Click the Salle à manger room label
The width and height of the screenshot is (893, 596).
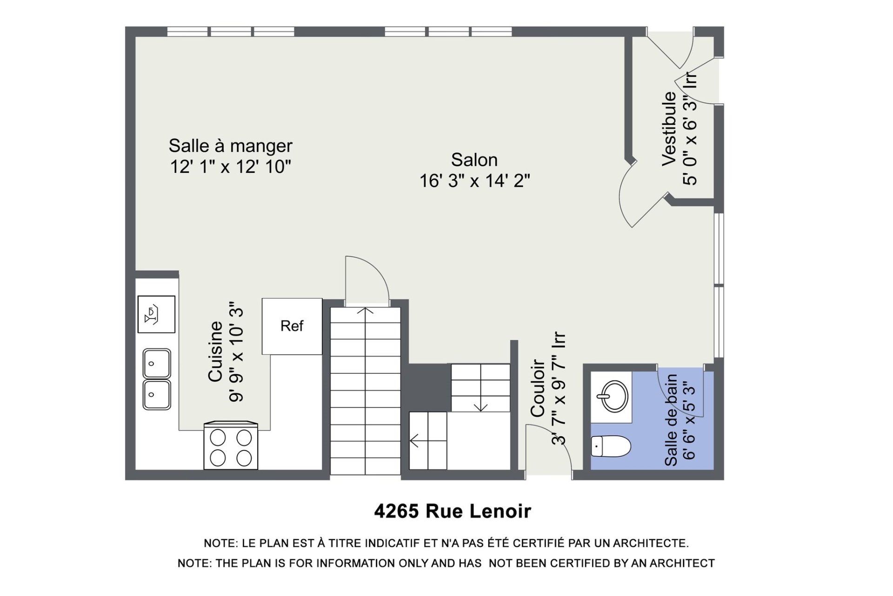pos(230,146)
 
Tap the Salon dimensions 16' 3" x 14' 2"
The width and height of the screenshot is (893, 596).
pos(475,181)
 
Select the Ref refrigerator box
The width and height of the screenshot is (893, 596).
pos(292,326)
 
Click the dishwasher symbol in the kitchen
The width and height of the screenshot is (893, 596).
pos(156,314)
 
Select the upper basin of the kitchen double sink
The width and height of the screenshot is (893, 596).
pos(157,363)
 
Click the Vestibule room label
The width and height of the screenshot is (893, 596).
pos(669,129)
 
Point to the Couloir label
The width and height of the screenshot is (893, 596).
pos(538,388)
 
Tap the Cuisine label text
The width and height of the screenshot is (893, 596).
pos(215,352)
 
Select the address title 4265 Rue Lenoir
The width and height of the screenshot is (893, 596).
pos(453,511)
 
